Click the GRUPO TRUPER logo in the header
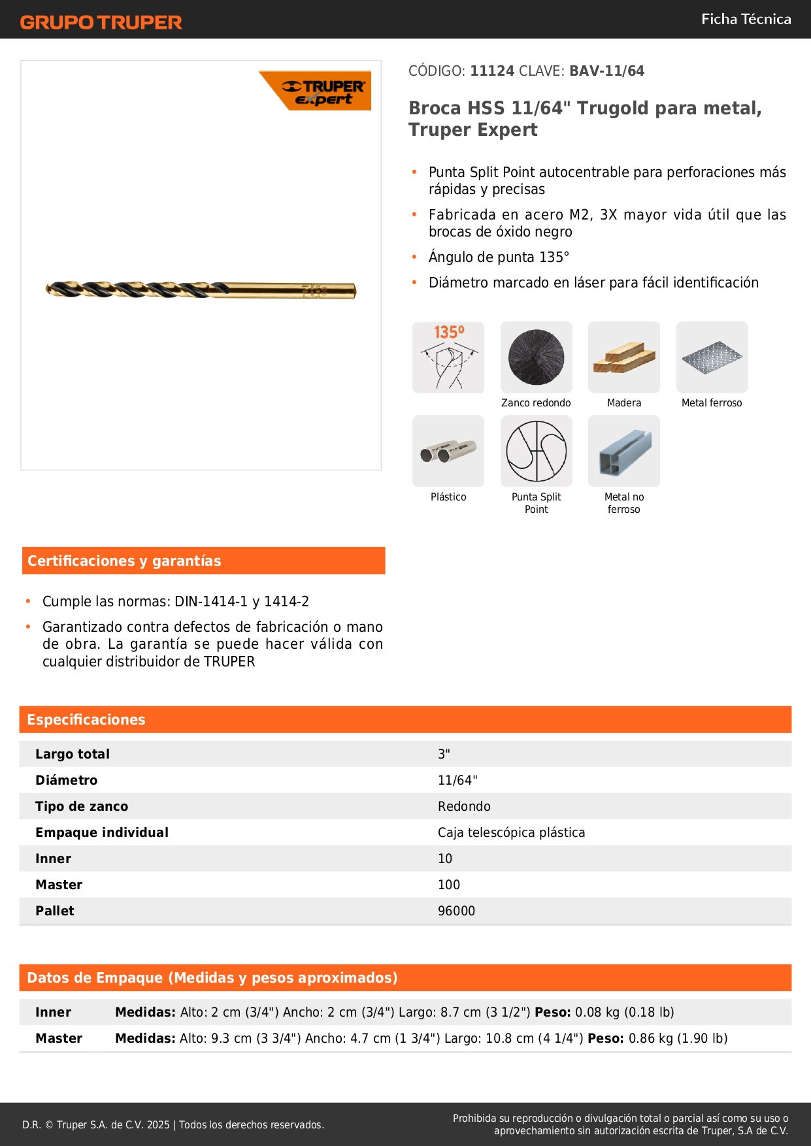[101, 22]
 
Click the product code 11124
[492, 71]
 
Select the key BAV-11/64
[606, 71]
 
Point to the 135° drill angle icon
[448, 357]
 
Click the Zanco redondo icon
[536, 357]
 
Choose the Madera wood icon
[623, 357]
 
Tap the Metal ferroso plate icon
[712, 357]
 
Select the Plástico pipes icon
[448, 451]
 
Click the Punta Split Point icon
[536, 451]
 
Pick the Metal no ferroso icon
[623, 451]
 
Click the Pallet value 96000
[456, 911]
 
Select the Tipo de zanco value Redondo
[464, 806]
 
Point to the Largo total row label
[73, 754]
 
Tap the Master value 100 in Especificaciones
[449, 885]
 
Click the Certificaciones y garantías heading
[124, 561]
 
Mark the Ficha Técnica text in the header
[746, 20]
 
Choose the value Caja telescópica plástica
[511, 832]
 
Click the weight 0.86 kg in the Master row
[650, 1038]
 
